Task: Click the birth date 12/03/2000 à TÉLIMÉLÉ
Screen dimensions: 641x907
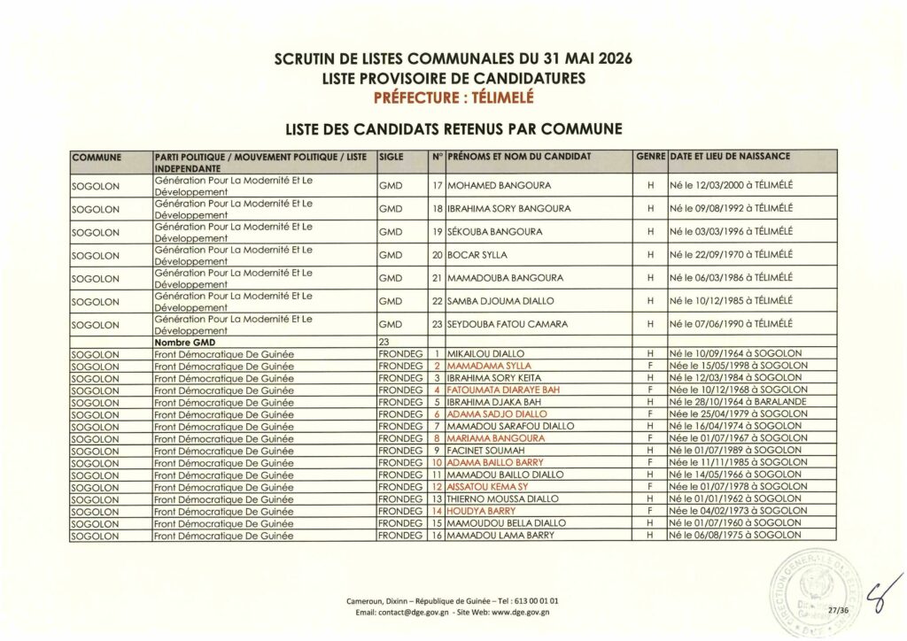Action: pos(732,186)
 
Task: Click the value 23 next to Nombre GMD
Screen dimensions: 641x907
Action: pos(384,342)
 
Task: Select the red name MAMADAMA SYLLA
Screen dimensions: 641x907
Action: pos(490,366)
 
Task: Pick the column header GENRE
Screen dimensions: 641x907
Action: pos(650,156)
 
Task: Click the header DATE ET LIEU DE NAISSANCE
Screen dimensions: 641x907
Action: pos(730,156)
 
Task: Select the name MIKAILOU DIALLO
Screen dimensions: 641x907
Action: pos(489,354)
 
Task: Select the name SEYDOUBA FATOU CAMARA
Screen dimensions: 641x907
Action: pos(507,324)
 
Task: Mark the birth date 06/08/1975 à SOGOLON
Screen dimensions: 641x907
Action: pos(735,535)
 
